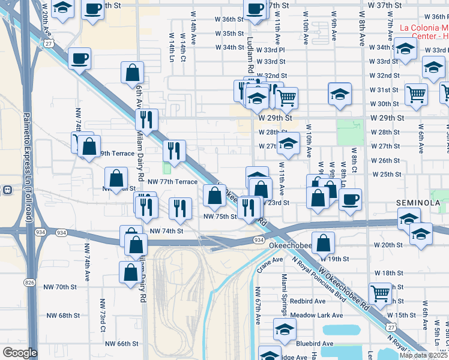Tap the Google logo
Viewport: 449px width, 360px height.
pos(20,353)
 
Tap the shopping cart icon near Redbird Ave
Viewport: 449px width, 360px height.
pos(380,293)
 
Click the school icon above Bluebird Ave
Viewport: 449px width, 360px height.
pos(285,328)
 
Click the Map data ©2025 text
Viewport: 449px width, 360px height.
pos(424,355)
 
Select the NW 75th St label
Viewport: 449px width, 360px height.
pos(220,217)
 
